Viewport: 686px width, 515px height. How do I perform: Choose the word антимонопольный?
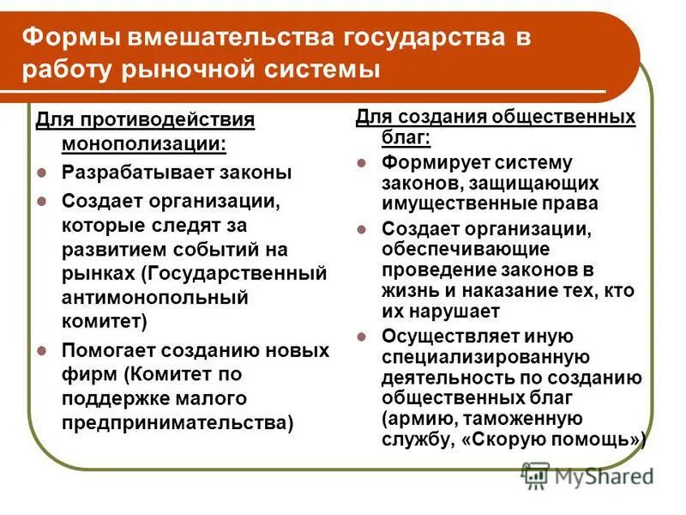(155, 297)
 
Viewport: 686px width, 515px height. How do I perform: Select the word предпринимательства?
(175, 422)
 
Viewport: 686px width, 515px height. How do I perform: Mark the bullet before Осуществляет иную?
(362, 336)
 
